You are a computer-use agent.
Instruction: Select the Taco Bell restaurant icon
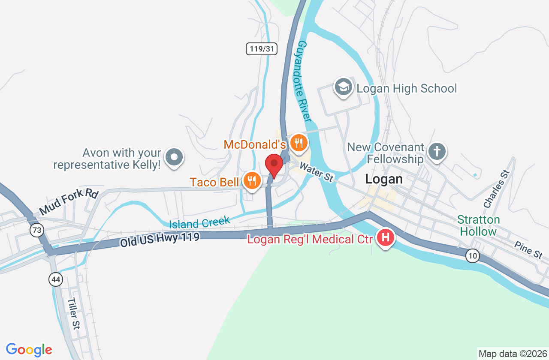pos(252,181)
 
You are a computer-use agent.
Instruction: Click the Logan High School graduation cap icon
pos(343,87)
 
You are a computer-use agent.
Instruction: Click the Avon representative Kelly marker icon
pos(174,157)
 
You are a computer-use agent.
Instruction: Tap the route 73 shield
pos(37,230)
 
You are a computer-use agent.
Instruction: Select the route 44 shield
pos(56,280)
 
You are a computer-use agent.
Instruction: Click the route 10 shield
pos(473,256)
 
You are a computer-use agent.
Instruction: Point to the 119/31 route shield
pos(261,49)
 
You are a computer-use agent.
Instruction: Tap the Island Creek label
pos(199,222)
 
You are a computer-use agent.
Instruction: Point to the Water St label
pos(317,171)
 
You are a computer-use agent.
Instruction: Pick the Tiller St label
pos(74,313)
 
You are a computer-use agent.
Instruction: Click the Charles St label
pos(496,189)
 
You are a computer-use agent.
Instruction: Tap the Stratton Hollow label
pos(478,225)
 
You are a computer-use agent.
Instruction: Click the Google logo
pos(29,349)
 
